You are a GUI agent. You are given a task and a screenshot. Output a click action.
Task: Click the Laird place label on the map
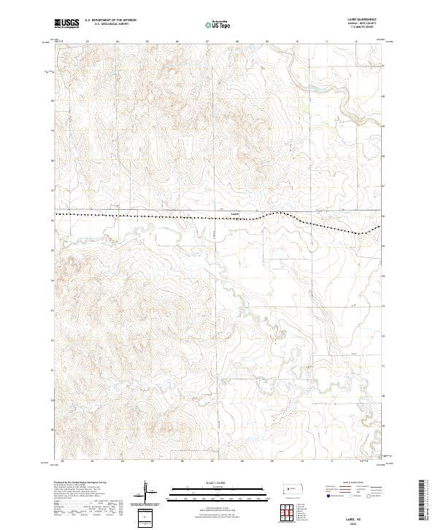point(234,214)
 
